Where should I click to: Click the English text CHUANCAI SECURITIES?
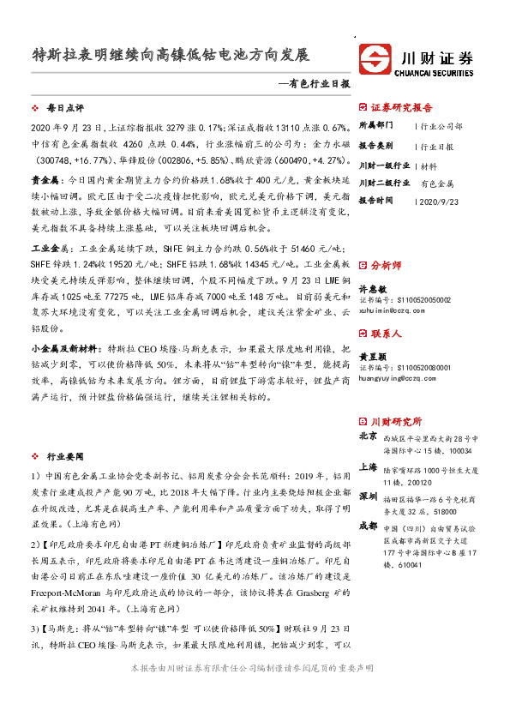(436, 73)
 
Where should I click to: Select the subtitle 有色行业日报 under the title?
(316, 85)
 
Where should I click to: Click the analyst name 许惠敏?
(370, 289)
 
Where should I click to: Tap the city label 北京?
(368, 436)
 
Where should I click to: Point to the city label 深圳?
(368, 496)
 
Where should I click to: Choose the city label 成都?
(368, 525)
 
